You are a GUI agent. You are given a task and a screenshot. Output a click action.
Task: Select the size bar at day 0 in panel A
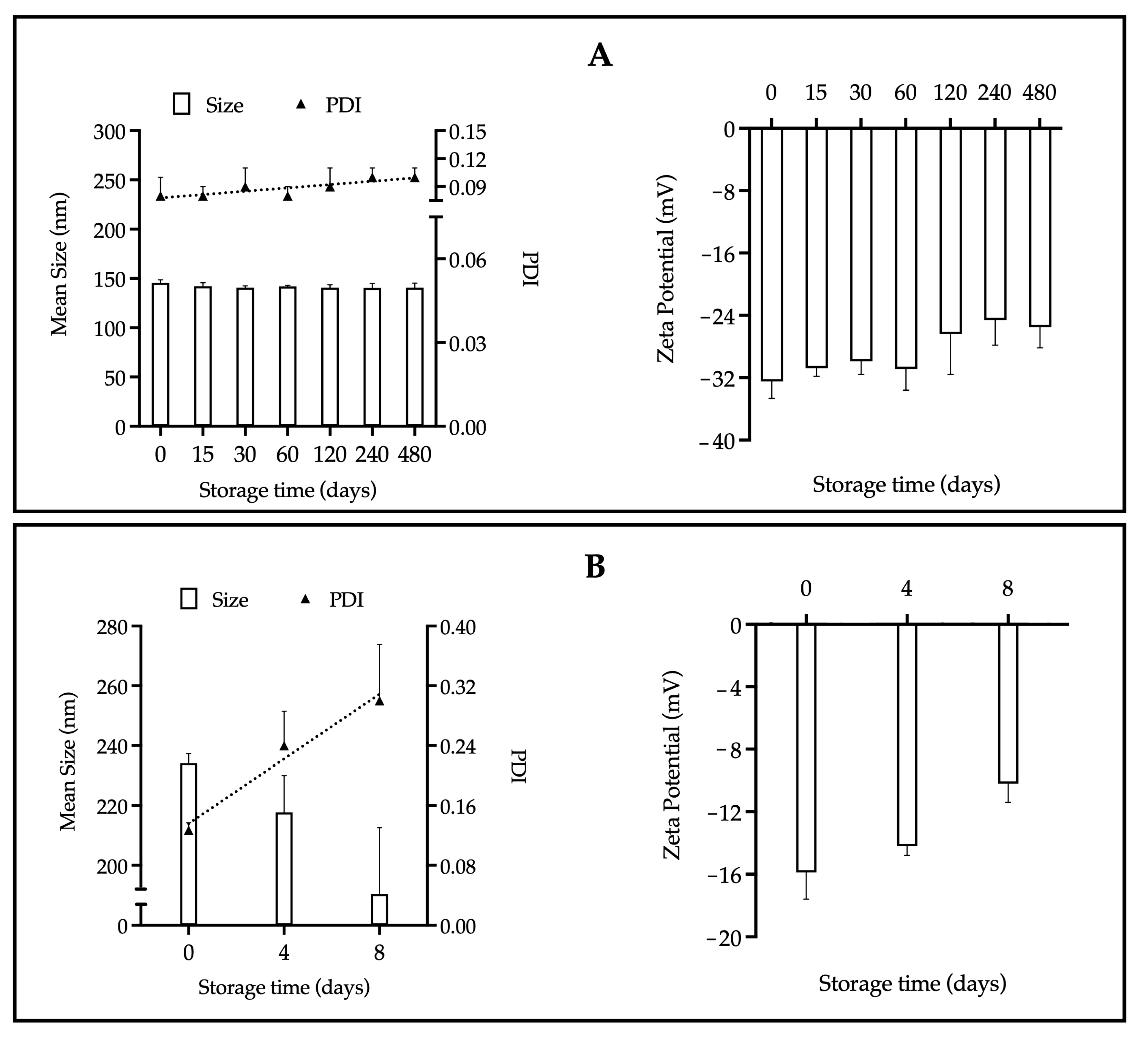pyautogui.click(x=160, y=354)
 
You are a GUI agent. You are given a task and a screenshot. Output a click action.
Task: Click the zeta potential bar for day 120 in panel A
pyautogui.click(x=950, y=230)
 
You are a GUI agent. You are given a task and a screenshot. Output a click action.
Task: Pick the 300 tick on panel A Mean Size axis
pyautogui.click(x=111, y=132)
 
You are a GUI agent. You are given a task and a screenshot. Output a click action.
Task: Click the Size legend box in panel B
pyautogui.click(x=189, y=599)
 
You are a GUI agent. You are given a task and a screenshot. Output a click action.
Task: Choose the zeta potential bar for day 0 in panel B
pyautogui.click(x=806, y=747)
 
